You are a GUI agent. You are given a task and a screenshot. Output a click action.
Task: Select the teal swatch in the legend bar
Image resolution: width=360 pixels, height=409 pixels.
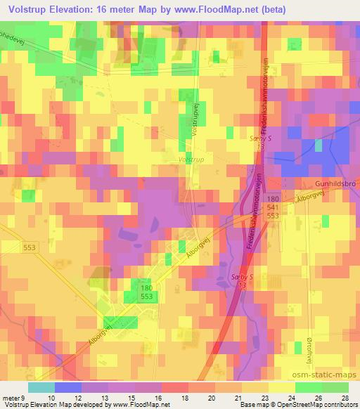pos(41,387)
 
